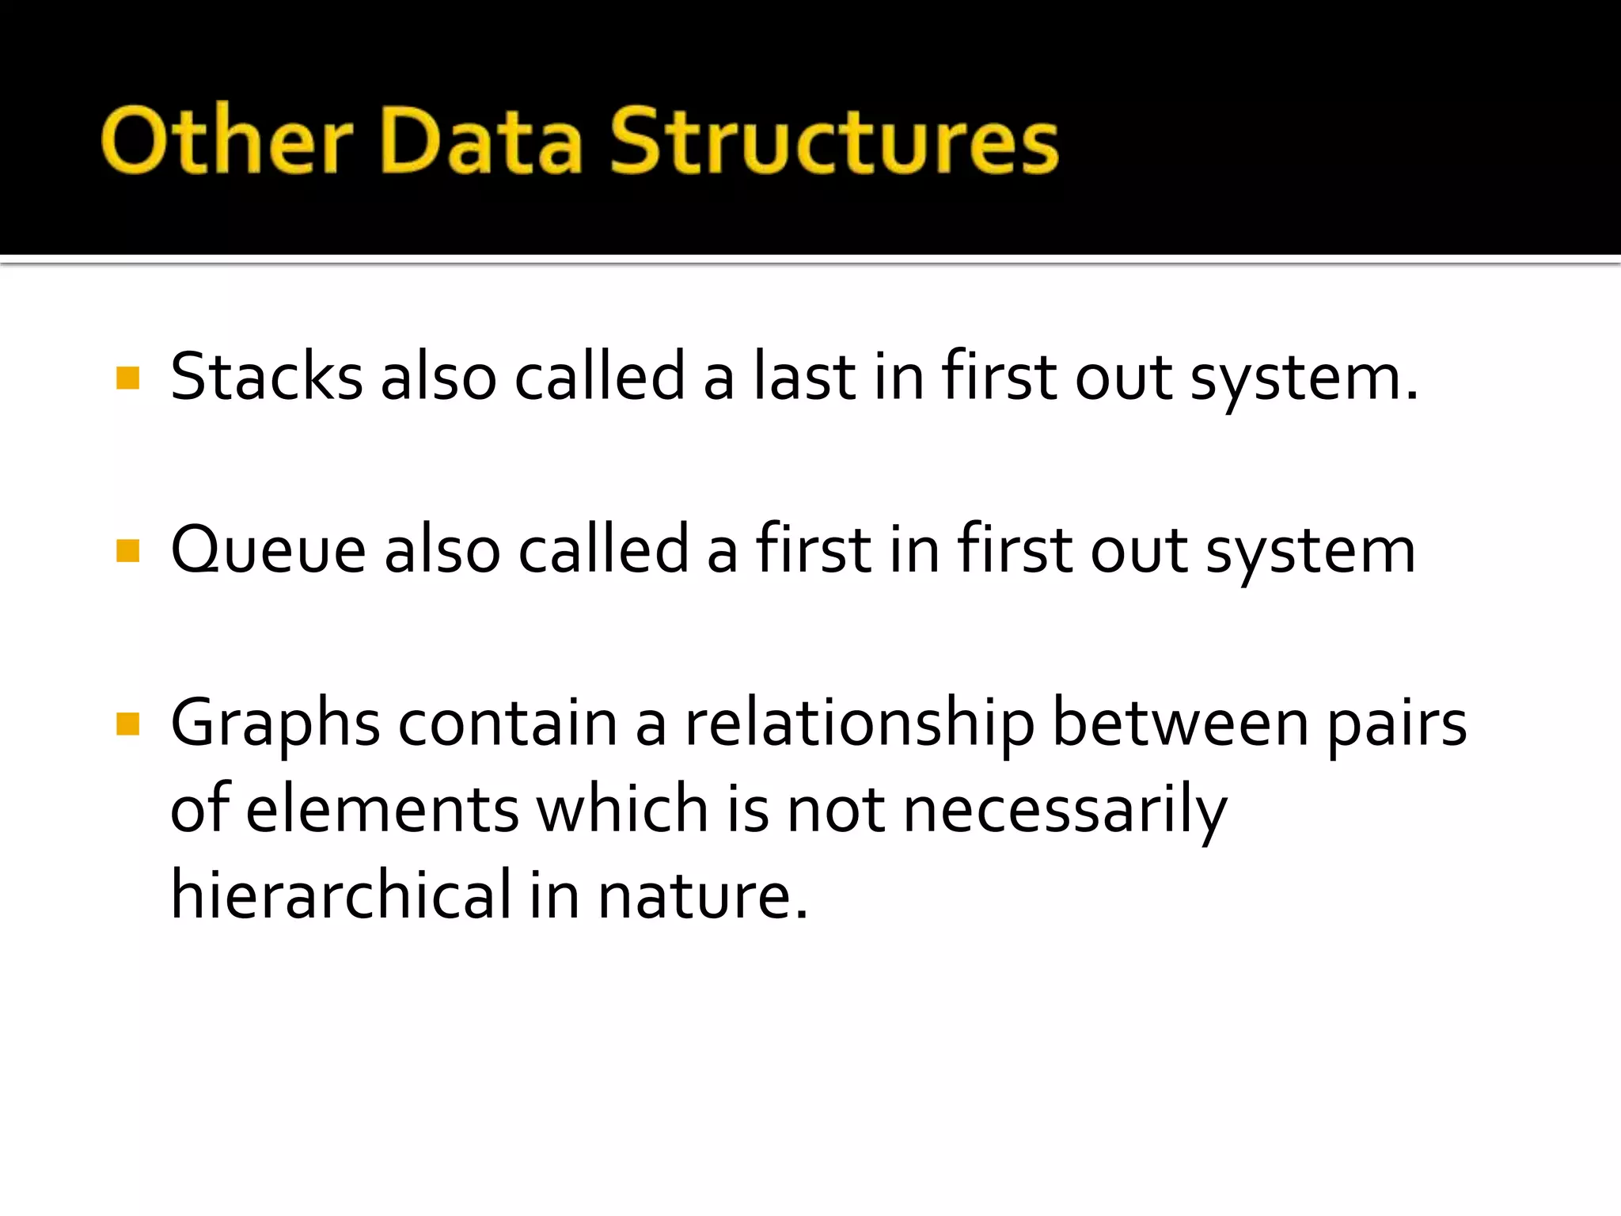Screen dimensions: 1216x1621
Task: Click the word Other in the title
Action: point(226,140)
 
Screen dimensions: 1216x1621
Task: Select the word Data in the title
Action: point(482,140)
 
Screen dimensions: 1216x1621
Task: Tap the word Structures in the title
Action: point(833,140)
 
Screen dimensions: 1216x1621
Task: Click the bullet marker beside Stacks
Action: point(127,378)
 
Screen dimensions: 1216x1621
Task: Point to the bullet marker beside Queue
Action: point(127,550)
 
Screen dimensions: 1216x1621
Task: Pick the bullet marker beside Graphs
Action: point(127,724)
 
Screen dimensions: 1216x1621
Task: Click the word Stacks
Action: point(266,376)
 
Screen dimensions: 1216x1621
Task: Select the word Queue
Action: point(268,549)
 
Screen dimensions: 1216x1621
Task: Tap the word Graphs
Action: point(275,724)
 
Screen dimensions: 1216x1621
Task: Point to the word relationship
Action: point(860,724)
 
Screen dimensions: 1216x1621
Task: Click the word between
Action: point(1180,724)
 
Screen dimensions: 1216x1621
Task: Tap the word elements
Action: point(382,809)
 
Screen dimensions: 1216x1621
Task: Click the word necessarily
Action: point(1065,811)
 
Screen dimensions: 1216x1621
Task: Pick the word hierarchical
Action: point(341,895)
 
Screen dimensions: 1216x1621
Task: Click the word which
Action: point(622,809)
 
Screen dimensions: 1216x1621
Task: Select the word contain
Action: point(507,724)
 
